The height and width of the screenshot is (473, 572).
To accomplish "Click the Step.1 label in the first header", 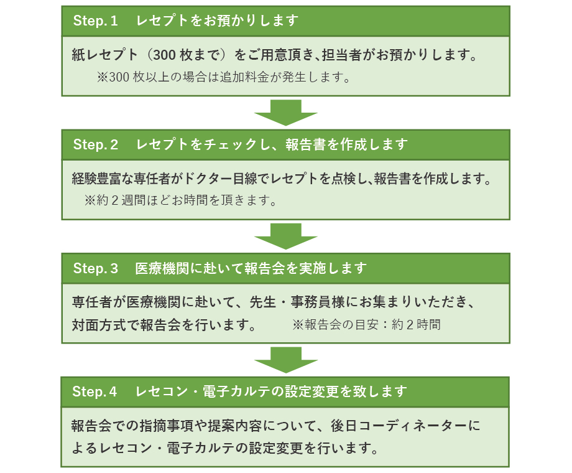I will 95,21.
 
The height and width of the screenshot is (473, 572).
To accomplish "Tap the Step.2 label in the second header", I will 95,145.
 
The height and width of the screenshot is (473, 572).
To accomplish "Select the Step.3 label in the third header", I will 95,269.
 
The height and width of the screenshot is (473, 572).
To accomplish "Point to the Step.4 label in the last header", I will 95,392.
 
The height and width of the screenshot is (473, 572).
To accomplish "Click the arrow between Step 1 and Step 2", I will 286,113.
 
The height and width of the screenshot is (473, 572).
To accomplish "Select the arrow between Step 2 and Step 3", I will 286,236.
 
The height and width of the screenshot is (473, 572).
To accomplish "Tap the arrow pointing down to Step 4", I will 286,360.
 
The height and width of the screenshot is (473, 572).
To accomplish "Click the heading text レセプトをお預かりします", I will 218,21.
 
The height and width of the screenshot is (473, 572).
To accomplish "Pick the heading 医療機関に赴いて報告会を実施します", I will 251,269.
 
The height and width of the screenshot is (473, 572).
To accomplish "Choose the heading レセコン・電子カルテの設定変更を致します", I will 271,392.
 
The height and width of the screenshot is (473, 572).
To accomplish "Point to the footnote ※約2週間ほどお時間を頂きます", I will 180,202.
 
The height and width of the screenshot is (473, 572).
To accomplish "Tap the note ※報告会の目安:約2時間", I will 366,325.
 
